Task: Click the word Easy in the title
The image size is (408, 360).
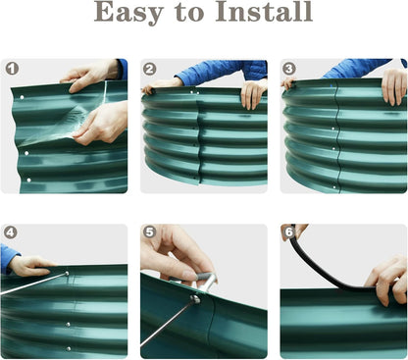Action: point(128,13)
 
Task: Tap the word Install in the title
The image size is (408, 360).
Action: point(264,12)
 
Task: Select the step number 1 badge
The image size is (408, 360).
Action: point(12,69)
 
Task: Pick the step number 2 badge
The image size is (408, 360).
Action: point(150,69)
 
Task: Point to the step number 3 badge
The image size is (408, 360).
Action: point(289,69)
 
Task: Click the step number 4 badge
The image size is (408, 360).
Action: point(11,232)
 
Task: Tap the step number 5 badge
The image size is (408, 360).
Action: point(149,231)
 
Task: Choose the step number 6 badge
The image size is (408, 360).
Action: point(289,232)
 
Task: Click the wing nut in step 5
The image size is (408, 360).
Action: point(205,282)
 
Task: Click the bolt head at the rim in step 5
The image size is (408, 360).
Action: point(195,299)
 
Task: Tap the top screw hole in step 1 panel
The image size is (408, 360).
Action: point(22,97)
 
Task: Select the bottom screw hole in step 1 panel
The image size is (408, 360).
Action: point(28,180)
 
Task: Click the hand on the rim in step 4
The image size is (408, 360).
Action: point(31,265)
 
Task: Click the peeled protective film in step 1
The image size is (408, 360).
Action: point(66,121)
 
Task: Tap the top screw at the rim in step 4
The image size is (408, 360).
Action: point(67,273)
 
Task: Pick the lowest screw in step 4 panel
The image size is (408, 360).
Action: point(69,349)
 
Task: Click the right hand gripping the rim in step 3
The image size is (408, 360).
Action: point(394,86)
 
